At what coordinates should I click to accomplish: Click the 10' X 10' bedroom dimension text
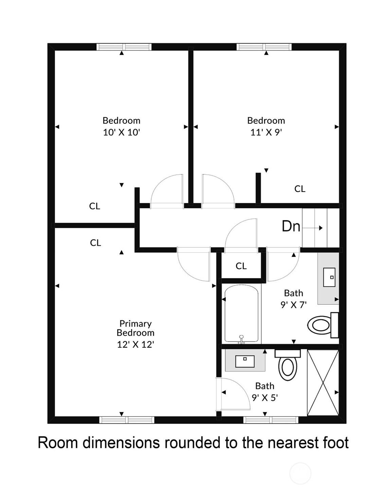(x=121, y=132)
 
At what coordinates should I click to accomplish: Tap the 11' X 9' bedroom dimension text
(x=266, y=132)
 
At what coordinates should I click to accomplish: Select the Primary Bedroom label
(x=136, y=328)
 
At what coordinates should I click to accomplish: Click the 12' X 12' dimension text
(x=136, y=345)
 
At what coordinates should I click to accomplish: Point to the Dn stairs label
(x=291, y=226)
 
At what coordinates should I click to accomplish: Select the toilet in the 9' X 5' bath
(x=288, y=365)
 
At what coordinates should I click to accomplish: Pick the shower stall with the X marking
(x=323, y=383)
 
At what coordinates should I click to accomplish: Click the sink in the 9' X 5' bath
(x=245, y=361)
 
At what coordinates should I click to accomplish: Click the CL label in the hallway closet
(x=241, y=266)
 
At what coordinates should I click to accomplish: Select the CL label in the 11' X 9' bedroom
(x=300, y=189)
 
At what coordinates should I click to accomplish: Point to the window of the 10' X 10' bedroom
(x=124, y=47)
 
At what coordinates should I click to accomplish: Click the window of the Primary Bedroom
(x=127, y=420)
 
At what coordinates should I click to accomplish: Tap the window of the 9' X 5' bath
(x=271, y=420)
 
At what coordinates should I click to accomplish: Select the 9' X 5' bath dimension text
(x=265, y=398)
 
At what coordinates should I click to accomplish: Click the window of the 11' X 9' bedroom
(x=264, y=47)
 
